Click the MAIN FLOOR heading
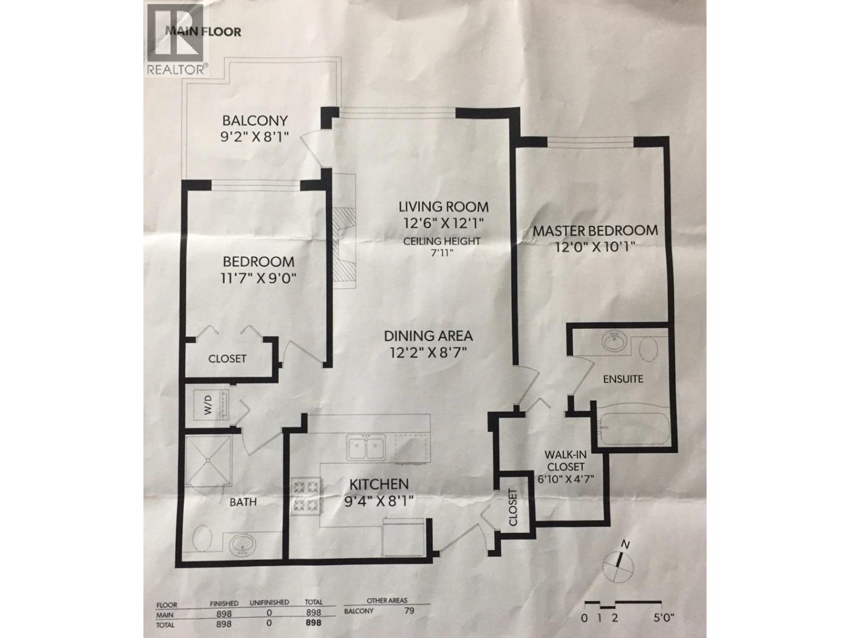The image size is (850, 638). click(x=203, y=31)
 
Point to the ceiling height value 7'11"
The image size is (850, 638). click(x=441, y=254)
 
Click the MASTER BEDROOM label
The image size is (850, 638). click(x=595, y=231)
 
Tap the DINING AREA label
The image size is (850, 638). click(x=428, y=336)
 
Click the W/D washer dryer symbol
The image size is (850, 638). click(x=208, y=407)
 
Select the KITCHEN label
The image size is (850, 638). click(x=379, y=484)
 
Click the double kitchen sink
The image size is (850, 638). click(x=365, y=448)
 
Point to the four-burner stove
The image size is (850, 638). click(x=306, y=496)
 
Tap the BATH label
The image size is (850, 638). click(x=243, y=501)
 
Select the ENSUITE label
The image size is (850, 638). click(x=623, y=379)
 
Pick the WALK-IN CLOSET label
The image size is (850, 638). click(x=564, y=461)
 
